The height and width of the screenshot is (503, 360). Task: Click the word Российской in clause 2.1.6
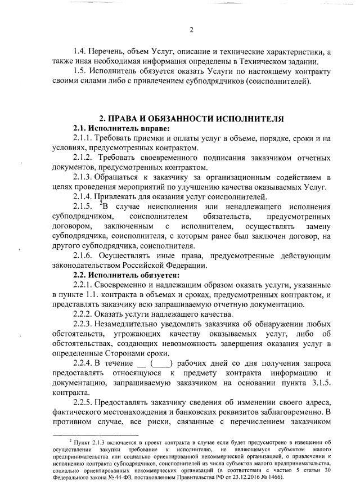point(139,265)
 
